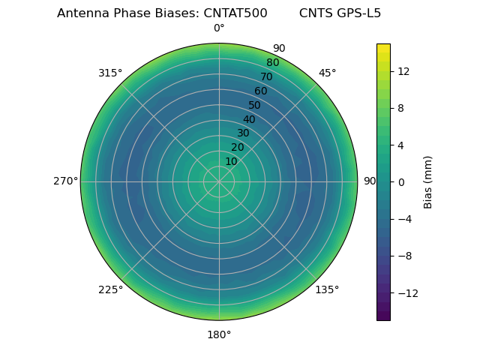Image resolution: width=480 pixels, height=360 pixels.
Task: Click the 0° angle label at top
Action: tap(219, 28)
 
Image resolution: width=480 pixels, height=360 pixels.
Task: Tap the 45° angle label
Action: tap(327, 73)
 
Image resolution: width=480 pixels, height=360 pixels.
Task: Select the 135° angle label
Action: tap(327, 289)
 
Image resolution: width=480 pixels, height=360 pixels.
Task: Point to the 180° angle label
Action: tap(219, 334)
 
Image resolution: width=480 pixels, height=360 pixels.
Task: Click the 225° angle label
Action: tap(110, 289)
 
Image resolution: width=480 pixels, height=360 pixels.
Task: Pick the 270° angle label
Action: tap(65, 181)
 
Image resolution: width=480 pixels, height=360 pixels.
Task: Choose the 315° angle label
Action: tap(110, 73)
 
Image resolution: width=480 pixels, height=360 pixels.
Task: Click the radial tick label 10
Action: tap(231, 161)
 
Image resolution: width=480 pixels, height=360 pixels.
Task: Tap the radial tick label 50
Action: tap(254, 105)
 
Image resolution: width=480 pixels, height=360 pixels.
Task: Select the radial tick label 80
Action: tap(272, 63)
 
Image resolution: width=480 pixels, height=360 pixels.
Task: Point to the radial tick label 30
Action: tap(243, 133)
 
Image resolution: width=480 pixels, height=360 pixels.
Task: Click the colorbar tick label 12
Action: tap(403, 71)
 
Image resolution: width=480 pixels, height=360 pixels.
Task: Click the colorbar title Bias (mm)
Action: tap(428, 181)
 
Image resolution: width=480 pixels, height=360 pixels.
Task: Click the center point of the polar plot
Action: tap(219, 181)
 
